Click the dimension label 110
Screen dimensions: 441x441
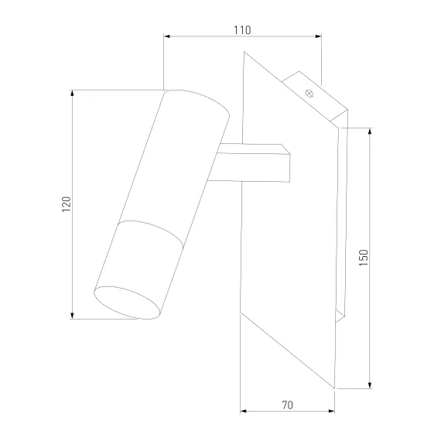click(x=242, y=30)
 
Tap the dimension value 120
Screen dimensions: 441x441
click(x=67, y=204)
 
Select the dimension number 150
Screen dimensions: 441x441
click(x=363, y=258)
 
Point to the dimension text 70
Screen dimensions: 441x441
click(x=288, y=405)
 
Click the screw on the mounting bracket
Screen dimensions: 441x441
click(x=309, y=93)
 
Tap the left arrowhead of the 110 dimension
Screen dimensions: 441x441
click(x=167, y=36)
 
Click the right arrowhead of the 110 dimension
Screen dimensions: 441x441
click(x=318, y=36)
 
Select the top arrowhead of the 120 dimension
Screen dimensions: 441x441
click(x=72, y=94)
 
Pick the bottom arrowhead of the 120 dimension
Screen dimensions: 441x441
click(x=72, y=316)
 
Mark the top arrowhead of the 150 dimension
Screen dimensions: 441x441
click(x=370, y=132)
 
